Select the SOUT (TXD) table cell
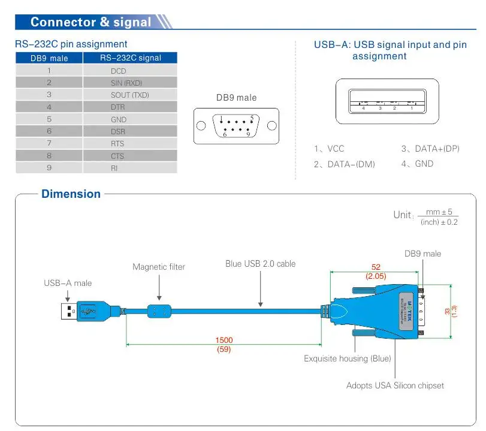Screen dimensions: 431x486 [129, 95]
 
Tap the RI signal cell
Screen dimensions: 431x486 [114, 168]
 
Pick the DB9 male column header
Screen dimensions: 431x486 [49, 58]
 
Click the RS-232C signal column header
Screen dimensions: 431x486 [130, 58]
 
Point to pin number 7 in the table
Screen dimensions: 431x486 [49, 143]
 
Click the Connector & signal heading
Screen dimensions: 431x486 [90, 23]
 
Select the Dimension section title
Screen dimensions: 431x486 [71, 194]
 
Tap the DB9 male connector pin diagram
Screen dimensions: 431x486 [236, 126]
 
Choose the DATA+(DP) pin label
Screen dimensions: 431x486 [430, 149]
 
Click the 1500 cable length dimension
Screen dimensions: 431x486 [224, 340]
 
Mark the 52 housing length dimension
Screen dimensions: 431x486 [376, 267]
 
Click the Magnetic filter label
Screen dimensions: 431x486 [159, 267]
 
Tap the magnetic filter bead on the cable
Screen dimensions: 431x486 [159, 312]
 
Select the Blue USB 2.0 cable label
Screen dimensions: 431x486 [260, 263]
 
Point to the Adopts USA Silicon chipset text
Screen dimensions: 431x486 [395, 385]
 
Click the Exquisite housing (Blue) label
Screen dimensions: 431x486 [347, 358]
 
